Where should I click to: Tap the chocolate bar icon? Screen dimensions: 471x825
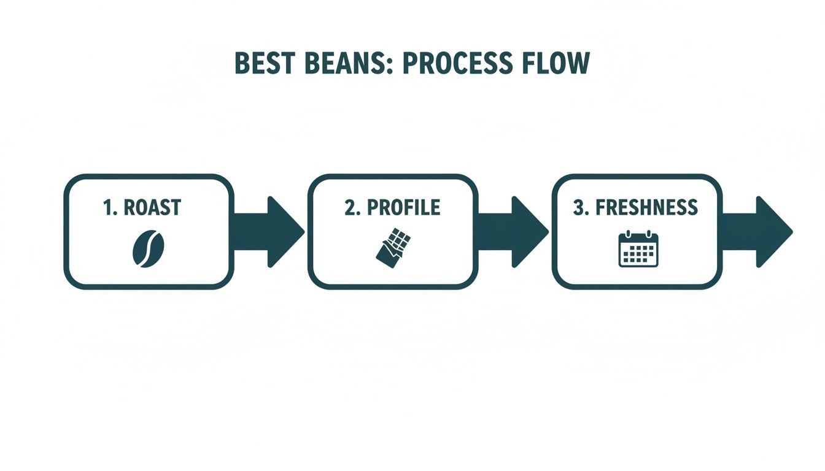[x=392, y=248]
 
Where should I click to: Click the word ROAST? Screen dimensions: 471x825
[x=152, y=208]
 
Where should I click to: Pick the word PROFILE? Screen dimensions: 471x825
[x=403, y=208]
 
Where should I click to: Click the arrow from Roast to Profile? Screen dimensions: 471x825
[x=269, y=232]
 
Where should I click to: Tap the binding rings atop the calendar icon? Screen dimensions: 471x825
[x=638, y=234]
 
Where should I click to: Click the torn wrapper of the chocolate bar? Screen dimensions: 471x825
[x=386, y=257]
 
